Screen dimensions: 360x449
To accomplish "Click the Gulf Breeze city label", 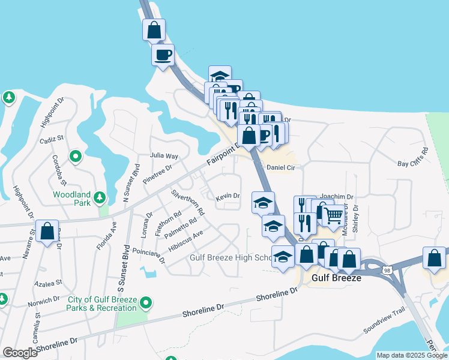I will pos(336,278).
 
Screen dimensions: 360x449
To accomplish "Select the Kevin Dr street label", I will pos(228,196).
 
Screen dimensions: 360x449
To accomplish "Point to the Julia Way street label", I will pos(164,155).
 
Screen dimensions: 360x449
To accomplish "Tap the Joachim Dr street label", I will pos(336,196).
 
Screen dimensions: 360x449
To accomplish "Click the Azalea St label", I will pos(50,283).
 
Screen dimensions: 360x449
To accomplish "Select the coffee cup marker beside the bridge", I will pos(163,55).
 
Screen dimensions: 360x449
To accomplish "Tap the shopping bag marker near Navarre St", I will pos(47,231).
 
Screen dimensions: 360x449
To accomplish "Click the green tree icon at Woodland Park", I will pos(101,197).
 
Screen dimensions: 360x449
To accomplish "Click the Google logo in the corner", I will pos(20,353).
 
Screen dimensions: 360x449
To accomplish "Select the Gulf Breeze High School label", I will pos(232,258).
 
